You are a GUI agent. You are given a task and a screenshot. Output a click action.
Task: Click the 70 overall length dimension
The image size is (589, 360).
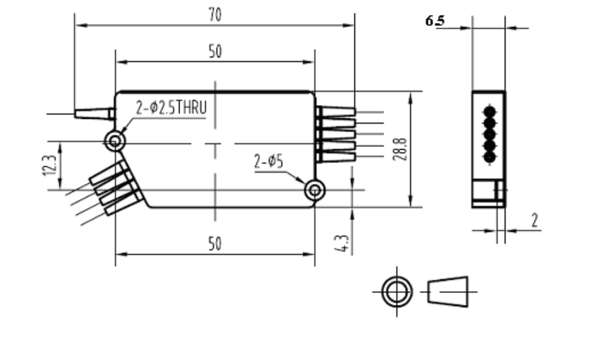[215, 15]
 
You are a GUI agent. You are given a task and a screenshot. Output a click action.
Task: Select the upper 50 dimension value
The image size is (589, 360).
[215, 52]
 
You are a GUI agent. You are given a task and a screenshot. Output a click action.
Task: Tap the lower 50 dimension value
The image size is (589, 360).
[215, 244]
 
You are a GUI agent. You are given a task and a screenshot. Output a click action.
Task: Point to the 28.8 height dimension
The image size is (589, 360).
[401, 149]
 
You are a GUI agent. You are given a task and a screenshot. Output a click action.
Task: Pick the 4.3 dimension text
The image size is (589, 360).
[342, 243]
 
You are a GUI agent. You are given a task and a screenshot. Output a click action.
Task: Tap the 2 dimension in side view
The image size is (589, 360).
[534, 221]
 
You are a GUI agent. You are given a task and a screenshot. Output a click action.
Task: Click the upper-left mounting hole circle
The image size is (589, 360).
[115, 141]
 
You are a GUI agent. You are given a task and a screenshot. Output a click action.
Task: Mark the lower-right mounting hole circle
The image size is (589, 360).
[315, 190]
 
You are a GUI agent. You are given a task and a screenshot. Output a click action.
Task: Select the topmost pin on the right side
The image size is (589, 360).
[336, 112]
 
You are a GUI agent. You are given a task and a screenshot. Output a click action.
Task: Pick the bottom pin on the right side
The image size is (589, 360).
[336, 157]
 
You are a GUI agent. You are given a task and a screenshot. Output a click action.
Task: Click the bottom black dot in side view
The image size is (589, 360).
[489, 157]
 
